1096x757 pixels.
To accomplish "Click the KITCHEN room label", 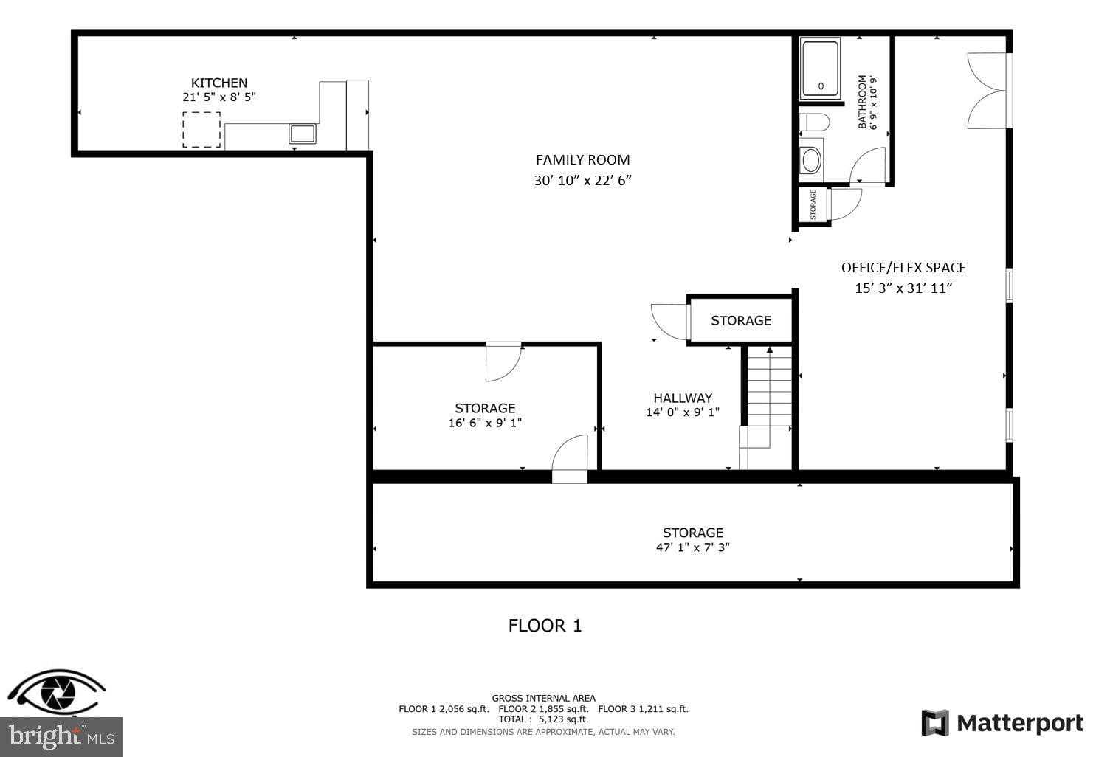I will point(219,83).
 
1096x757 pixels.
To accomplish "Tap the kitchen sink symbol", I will point(302,134).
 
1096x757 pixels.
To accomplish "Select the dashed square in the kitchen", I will point(201,129).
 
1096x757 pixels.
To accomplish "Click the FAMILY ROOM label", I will point(582,159).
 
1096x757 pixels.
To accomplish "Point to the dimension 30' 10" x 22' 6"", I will point(582,180).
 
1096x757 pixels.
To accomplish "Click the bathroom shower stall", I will point(820,70).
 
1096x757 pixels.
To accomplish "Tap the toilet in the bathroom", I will point(814,122).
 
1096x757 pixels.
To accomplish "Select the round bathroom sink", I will point(811,160).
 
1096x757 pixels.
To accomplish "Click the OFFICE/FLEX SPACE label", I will point(903,267).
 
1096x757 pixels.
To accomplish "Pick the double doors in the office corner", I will point(986,91).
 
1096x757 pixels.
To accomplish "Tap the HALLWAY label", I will point(682,398).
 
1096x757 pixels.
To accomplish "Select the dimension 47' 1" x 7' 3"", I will point(692,547).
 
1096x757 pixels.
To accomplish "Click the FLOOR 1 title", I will point(545,626).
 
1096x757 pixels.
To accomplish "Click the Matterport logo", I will point(1002,723).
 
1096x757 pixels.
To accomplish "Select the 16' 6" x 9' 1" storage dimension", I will point(485,423).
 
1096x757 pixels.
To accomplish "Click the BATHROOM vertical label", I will point(862,102).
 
